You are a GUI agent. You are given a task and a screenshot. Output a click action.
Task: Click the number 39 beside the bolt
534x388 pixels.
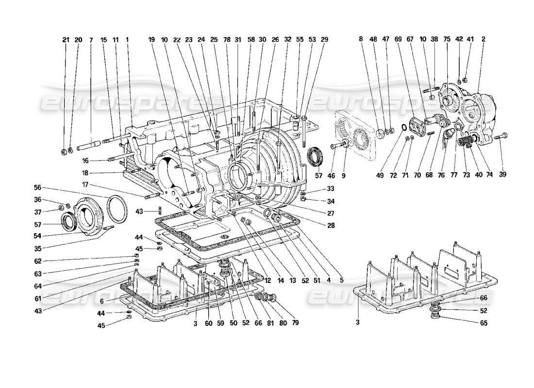[503, 175]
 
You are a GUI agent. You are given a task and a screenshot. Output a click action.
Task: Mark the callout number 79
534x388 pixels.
[295, 322]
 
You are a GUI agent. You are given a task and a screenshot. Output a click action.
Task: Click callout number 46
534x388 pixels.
[333, 175]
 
